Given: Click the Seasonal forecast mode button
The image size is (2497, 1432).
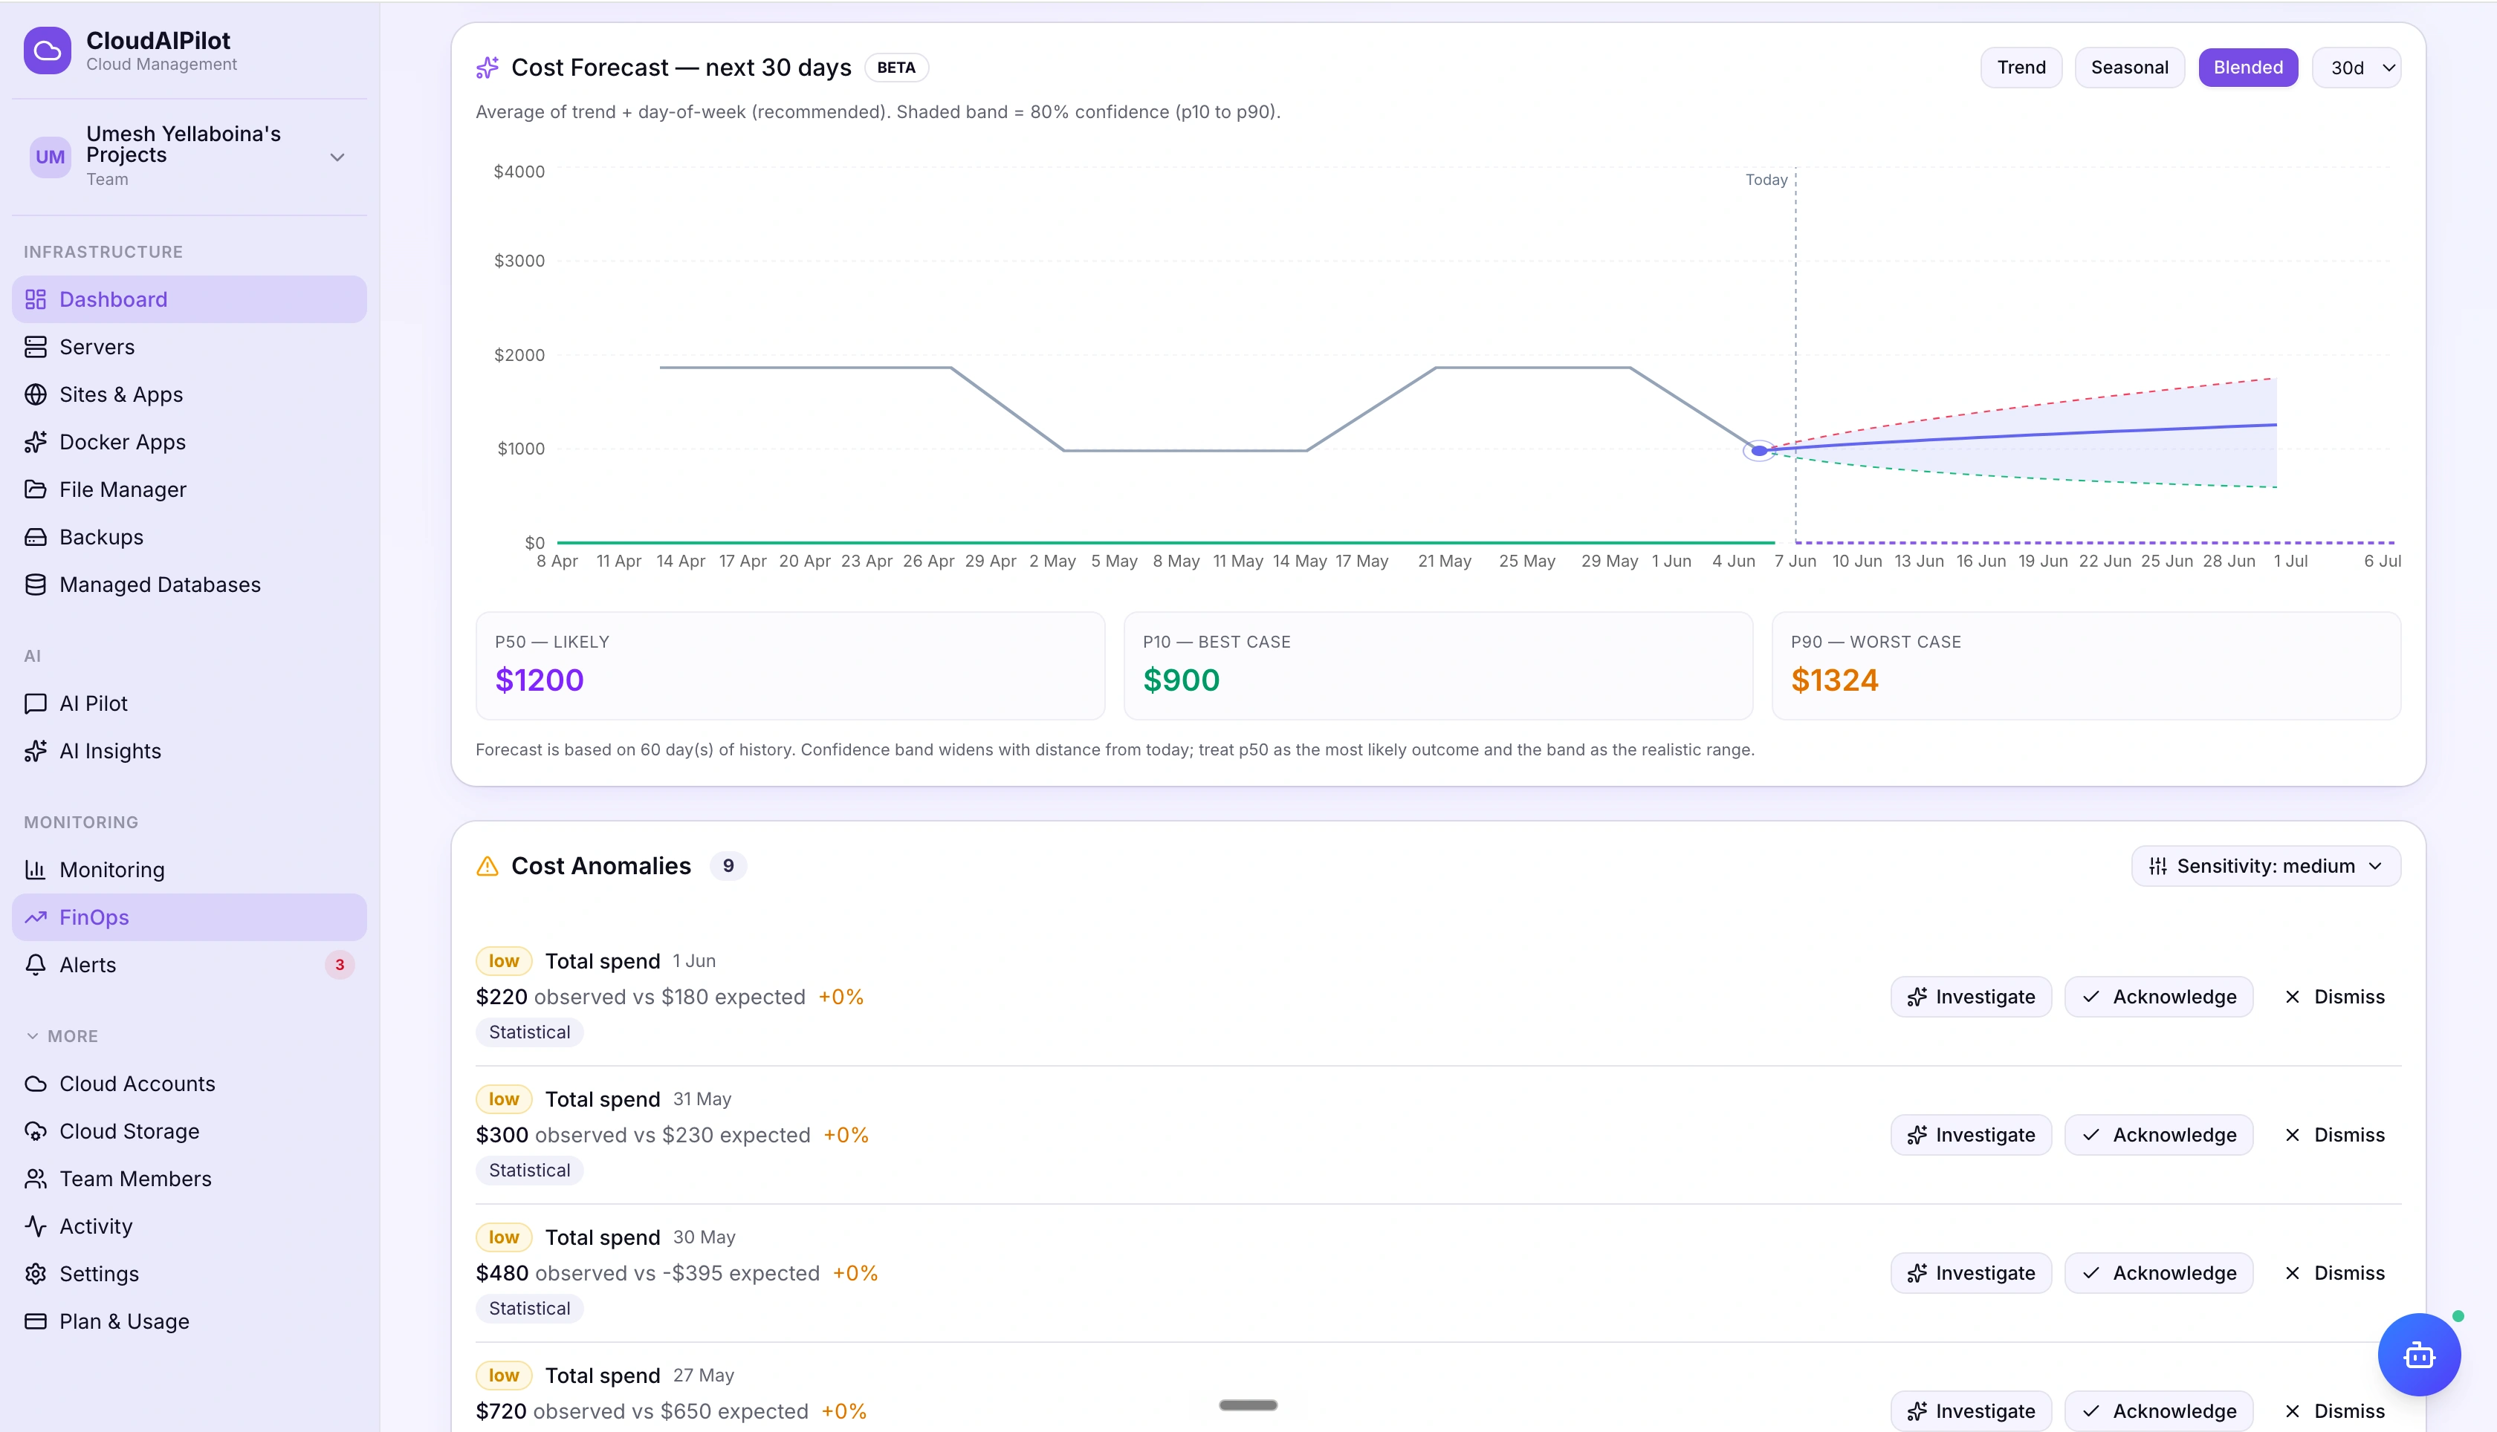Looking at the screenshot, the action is [2129, 68].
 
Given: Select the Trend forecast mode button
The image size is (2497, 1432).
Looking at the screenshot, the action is [2021, 68].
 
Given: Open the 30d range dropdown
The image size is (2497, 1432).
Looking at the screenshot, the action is [2357, 68].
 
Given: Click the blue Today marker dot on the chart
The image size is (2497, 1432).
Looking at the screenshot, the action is [1759, 450].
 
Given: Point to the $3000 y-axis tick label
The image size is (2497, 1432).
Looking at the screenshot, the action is [519, 261].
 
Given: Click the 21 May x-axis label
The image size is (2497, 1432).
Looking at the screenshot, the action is [1444, 561].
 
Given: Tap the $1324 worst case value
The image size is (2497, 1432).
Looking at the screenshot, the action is [1834, 680].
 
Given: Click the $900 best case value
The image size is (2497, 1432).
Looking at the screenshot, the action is [1181, 680].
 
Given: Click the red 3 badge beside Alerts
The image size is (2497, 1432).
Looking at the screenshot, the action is [340, 965].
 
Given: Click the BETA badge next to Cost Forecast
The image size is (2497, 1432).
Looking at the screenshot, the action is [896, 68].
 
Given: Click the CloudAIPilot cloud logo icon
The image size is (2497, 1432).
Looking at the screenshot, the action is [48, 51].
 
